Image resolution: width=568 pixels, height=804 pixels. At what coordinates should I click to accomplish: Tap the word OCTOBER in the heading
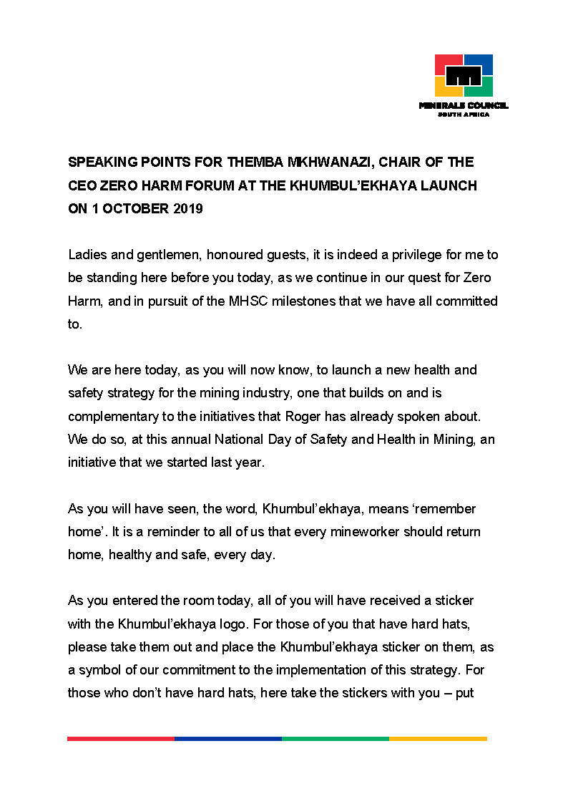point(134,209)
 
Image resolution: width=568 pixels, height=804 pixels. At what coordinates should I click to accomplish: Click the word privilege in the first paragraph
point(397,255)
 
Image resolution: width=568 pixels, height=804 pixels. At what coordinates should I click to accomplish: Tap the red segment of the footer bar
point(121,738)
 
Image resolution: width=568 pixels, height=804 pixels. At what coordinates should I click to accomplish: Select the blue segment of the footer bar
point(228,738)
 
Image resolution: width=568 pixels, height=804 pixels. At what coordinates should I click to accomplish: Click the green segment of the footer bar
point(336,738)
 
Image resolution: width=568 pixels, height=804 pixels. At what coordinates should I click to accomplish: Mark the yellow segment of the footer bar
point(438,738)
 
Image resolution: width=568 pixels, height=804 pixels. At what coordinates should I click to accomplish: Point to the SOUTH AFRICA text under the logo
point(464,115)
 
